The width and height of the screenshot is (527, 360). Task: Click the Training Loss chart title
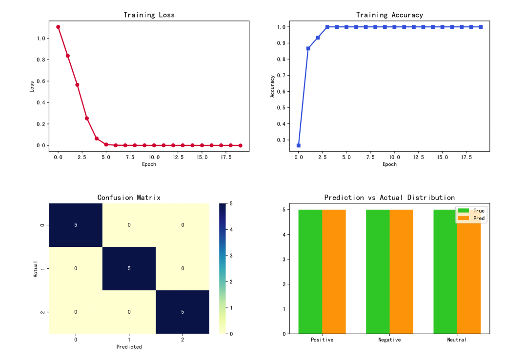pyautogui.click(x=149, y=15)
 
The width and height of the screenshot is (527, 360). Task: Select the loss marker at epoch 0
pyautogui.click(x=58, y=27)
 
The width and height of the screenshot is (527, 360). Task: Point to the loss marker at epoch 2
pyautogui.click(x=77, y=85)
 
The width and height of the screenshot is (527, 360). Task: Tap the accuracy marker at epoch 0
pyautogui.click(x=299, y=145)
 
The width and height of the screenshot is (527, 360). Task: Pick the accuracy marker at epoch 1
pyautogui.click(x=308, y=48)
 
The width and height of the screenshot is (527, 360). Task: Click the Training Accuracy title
pyautogui.click(x=389, y=15)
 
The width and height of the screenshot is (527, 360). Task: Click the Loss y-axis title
pyautogui.click(x=32, y=86)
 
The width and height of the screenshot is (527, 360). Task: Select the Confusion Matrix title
pyautogui.click(x=129, y=198)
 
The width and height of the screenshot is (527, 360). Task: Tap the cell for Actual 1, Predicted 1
pyautogui.click(x=129, y=268)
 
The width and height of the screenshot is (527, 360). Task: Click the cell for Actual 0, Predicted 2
pyautogui.click(x=182, y=225)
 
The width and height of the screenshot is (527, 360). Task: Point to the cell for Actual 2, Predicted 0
pyautogui.click(x=76, y=312)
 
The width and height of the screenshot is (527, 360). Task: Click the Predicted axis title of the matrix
pyautogui.click(x=129, y=347)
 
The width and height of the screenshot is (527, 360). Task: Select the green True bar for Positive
pyautogui.click(x=310, y=271)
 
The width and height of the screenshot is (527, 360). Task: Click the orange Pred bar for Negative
pyautogui.click(x=401, y=271)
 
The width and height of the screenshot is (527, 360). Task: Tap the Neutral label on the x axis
pyautogui.click(x=457, y=340)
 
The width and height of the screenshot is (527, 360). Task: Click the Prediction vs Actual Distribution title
pyautogui.click(x=389, y=198)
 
